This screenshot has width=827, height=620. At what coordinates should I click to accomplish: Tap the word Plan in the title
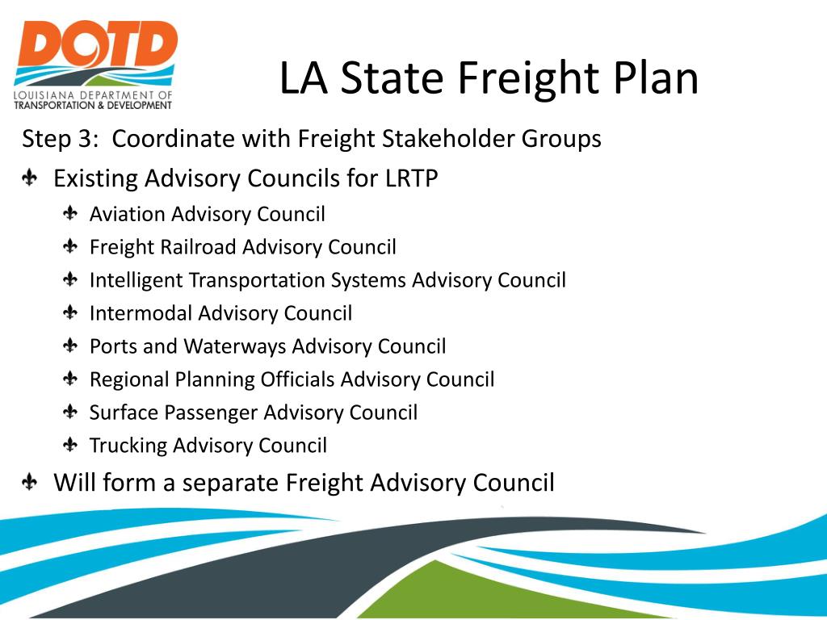point(655,79)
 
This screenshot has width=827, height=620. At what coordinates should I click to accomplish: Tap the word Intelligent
point(136,280)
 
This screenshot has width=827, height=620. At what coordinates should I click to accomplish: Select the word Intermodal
point(141,313)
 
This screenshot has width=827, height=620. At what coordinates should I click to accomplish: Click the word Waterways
point(235,346)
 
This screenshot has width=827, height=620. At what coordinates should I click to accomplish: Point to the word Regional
point(130,379)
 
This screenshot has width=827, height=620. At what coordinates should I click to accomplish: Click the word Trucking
point(128,446)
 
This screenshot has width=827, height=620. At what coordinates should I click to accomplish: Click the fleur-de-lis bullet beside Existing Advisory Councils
point(30,178)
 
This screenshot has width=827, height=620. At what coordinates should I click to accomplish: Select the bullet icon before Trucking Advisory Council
point(71,445)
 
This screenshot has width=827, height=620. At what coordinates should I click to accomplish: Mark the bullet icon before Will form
point(30,483)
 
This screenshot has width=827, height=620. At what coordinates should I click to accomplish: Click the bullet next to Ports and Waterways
point(71,346)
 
